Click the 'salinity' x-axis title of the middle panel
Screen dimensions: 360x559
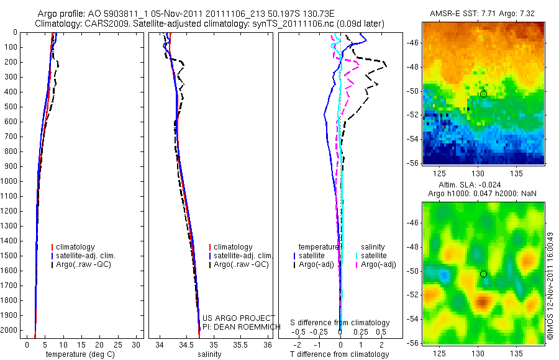click(209, 354)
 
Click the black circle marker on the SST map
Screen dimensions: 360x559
click(483, 94)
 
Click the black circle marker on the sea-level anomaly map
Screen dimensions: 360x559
click(483, 274)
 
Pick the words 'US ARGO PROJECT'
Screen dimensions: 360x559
click(239, 318)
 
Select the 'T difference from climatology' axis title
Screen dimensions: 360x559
click(339, 354)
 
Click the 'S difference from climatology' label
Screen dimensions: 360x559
click(340, 323)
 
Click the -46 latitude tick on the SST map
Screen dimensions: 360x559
click(413, 43)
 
